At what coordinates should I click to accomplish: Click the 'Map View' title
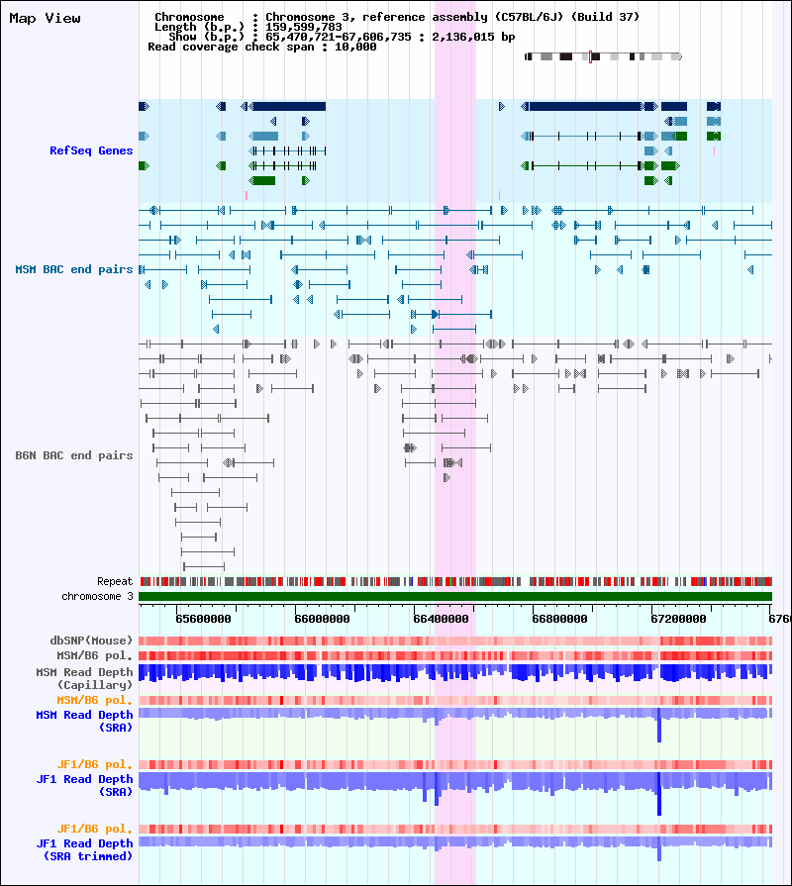[x=45, y=19]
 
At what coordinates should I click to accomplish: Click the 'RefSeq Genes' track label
[x=91, y=150]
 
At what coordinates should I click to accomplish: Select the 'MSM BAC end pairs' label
[x=74, y=269]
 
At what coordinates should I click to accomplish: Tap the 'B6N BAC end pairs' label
[x=74, y=455]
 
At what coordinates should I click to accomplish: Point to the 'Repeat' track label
[x=115, y=581]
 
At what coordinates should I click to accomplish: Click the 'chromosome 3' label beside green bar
[x=97, y=596]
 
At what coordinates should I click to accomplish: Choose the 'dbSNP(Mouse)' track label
[x=91, y=640]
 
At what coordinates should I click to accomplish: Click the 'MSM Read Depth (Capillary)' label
[x=84, y=679]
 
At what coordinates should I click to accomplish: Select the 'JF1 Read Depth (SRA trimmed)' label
[x=84, y=849]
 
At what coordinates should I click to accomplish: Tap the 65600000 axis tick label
[x=203, y=619]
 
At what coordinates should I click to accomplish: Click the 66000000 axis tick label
[x=322, y=619]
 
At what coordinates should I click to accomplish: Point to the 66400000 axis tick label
[x=441, y=619]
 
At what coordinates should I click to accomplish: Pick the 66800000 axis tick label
[x=559, y=619]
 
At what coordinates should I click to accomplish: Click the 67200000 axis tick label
[x=678, y=619]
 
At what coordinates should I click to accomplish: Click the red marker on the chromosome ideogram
[x=590, y=56]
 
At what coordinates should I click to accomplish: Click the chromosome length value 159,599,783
[x=304, y=27]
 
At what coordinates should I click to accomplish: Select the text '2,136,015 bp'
[x=473, y=37]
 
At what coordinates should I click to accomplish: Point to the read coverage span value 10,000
[x=355, y=47]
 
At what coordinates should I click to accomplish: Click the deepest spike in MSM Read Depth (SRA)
[x=659, y=729]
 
